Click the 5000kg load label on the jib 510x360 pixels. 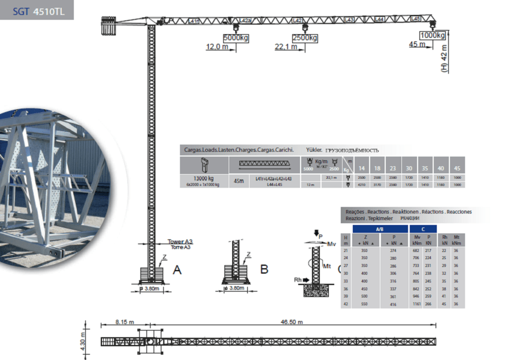pyautogui.click(x=235, y=38)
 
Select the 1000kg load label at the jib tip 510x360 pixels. pyautogui.click(x=432, y=35)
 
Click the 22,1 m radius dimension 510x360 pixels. pyautogui.click(x=285, y=47)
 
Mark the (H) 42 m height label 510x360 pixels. pyautogui.click(x=444, y=59)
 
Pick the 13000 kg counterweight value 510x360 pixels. pyautogui.click(x=203, y=179)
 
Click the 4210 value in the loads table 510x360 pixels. pyautogui.click(x=362, y=185)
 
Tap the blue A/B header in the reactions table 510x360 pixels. pyautogui.click(x=379, y=229)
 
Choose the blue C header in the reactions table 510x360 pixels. pyautogui.click(x=424, y=229)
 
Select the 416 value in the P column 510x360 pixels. pyautogui.click(x=394, y=304)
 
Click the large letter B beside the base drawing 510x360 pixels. pyautogui.click(x=264, y=269)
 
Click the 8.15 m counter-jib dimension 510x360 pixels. pyautogui.click(x=125, y=322)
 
